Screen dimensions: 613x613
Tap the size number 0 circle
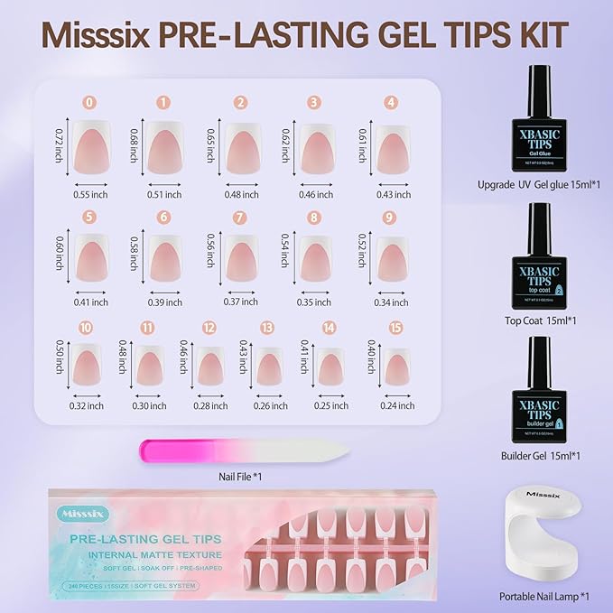(x=88, y=103)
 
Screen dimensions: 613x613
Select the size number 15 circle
(x=372, y=328)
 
